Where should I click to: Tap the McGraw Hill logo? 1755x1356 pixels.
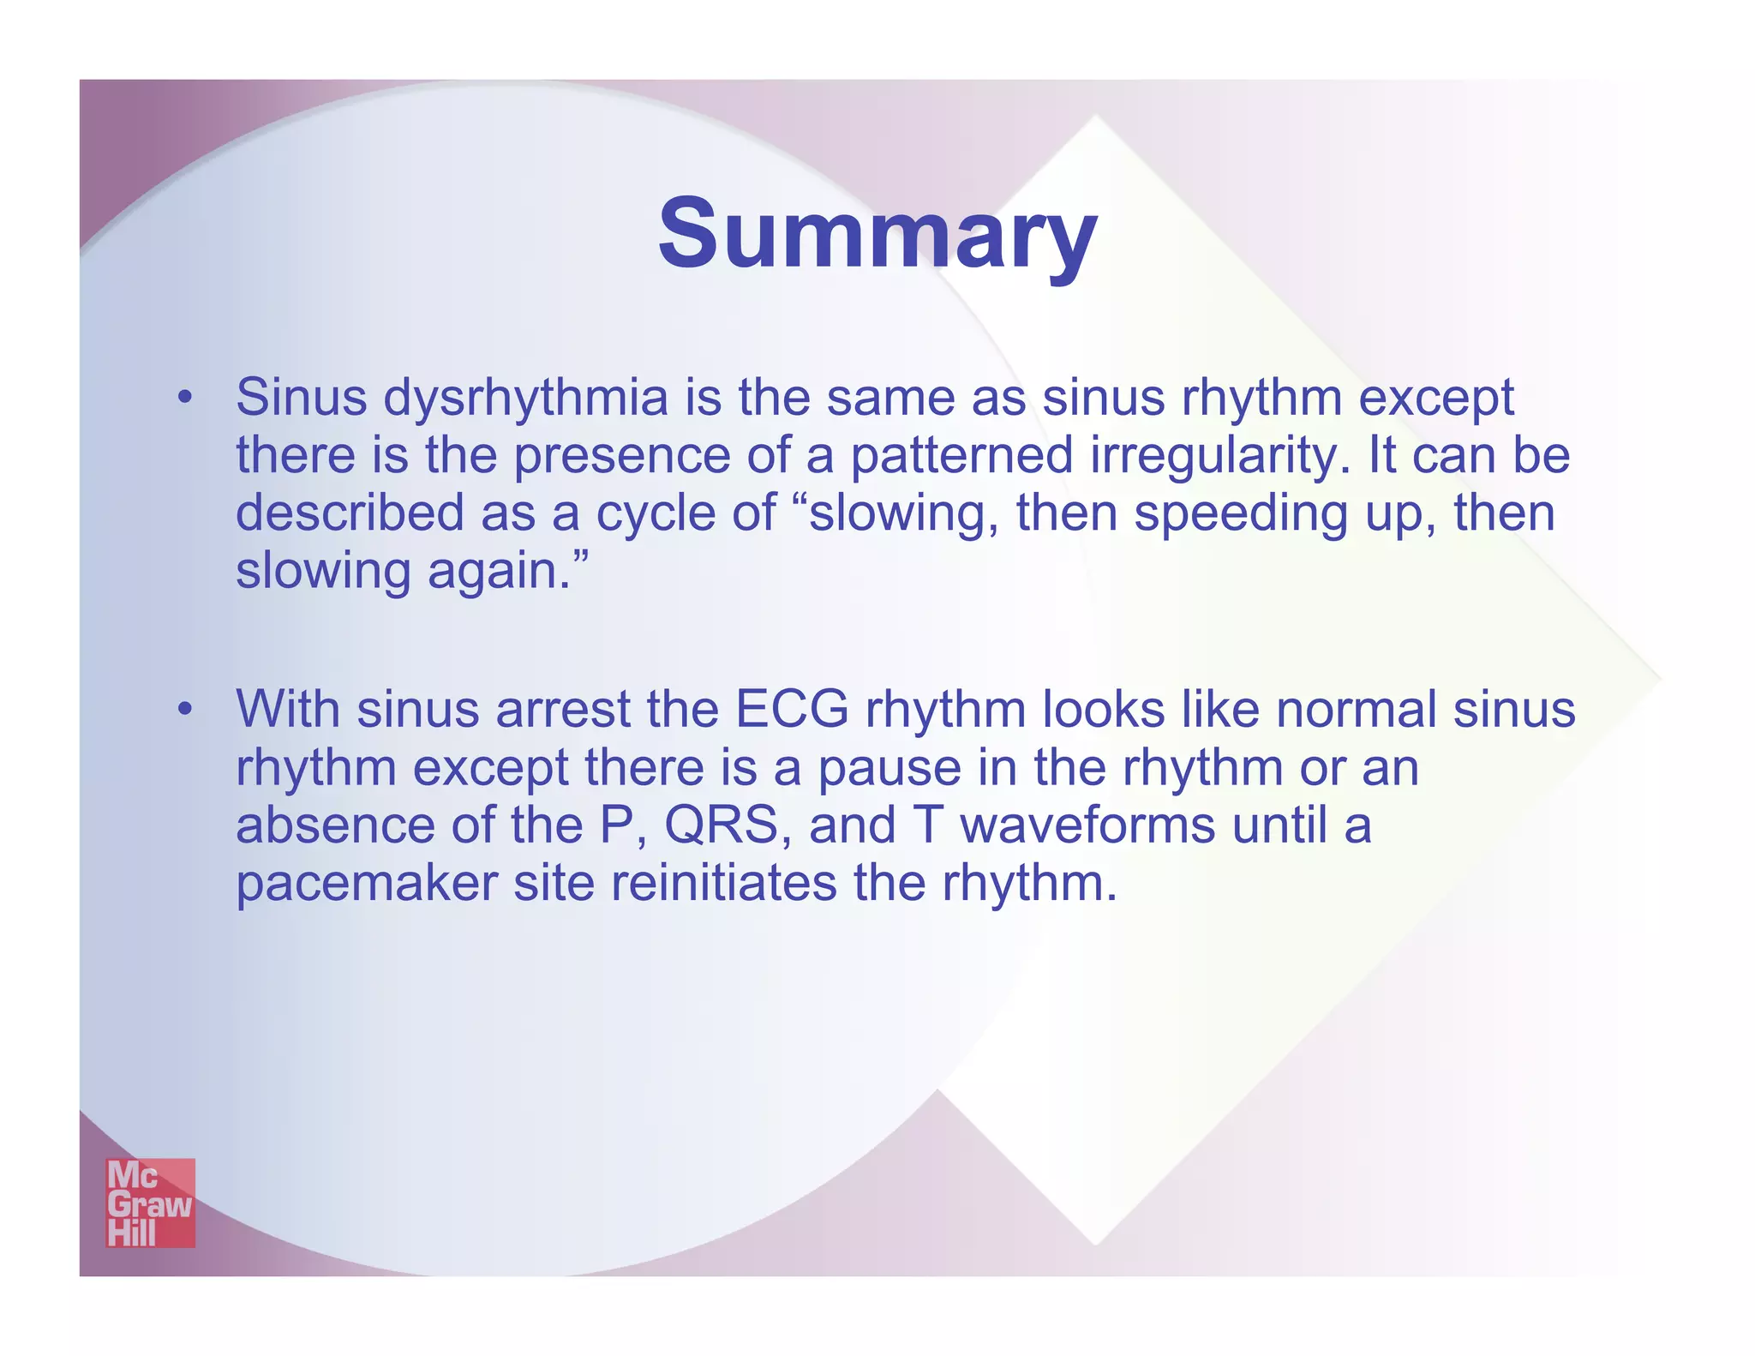point(150,1203)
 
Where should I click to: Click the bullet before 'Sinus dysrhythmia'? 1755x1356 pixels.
point(183,399)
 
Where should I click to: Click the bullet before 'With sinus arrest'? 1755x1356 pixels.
point(183,710)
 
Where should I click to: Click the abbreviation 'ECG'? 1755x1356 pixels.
point(793,710)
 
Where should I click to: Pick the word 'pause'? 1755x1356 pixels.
point(889,769)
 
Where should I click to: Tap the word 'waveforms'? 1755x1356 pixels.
point(1087,825)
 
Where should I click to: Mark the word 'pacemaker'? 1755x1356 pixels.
point(367,883)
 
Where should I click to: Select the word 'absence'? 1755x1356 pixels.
point(335,825)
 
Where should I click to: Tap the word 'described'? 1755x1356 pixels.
point(350,513)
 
